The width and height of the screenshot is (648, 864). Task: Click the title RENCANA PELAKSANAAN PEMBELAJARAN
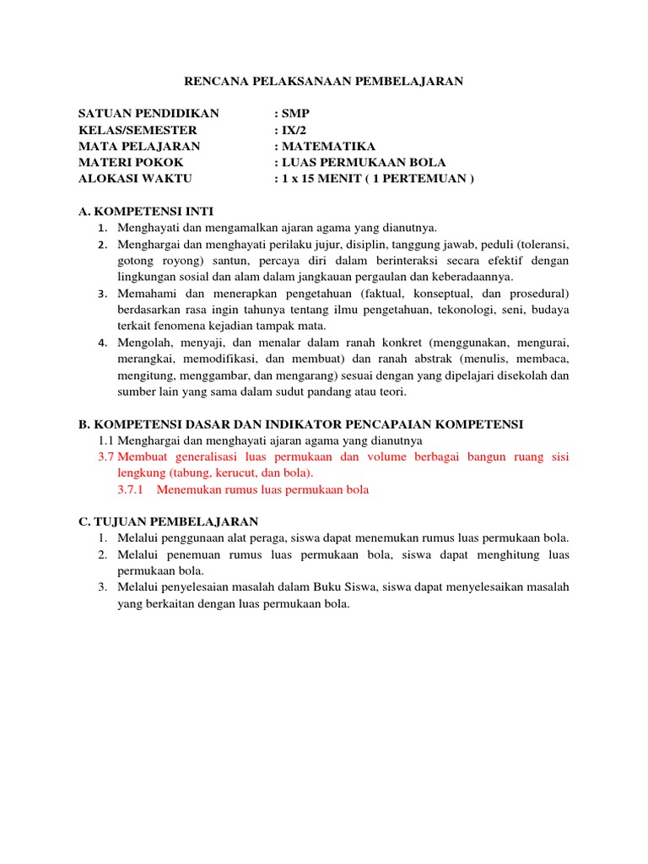pyautogui.click(x=324, y=81)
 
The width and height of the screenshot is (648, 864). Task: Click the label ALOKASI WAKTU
pyautogui.click(x=135, y=178)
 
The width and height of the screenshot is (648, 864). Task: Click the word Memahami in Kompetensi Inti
pyautogui.click(x=146, y=293)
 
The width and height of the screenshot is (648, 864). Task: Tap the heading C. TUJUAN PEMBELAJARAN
pyautogui.click(x=168, y=521)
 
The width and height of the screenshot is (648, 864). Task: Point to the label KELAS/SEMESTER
pyautogui.click(x=138, y=130)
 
